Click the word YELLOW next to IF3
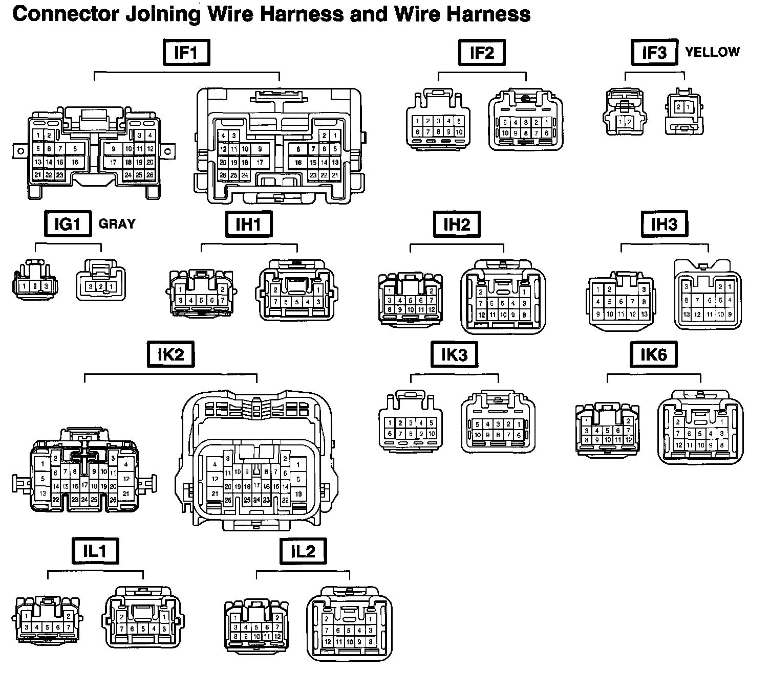[712, 52]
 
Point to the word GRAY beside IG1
[117, 223]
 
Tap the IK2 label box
[170, 354]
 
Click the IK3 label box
[454, 354]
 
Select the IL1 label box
[95, 551]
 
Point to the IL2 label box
[303, 551]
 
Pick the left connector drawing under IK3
[411, 421]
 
